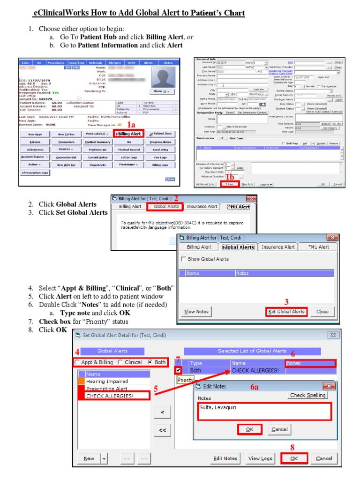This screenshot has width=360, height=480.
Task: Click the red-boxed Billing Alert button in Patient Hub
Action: pyautogui.click(x=129, y=134)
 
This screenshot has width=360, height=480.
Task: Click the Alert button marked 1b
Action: pyautogui.click(x=230, y=184)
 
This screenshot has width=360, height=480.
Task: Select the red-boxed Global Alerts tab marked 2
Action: pyautogui.click(x=166, y=206)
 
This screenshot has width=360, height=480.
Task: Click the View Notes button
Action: pyautogui.click(x=196, y=311)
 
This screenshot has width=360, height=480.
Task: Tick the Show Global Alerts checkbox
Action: pyautogui.click(x=183, y=259)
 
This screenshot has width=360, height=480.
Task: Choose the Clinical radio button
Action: pyautogui.click(x=120, y=362)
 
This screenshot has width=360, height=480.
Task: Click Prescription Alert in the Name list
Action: pyautogui.click(x=106, y=389)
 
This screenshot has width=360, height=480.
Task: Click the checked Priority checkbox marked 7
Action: pyautogui.click(x=179, y=370)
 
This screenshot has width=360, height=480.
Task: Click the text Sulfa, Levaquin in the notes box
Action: pyautogui.click(x=217, y=407)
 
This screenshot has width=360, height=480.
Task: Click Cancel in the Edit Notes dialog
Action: pyautogui.click(x=279, y=429)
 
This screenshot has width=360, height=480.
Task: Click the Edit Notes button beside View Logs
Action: pyautogui.click(x=225, y=458)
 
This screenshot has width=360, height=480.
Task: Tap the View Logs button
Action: pyautogui.click(x=260, y=458)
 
